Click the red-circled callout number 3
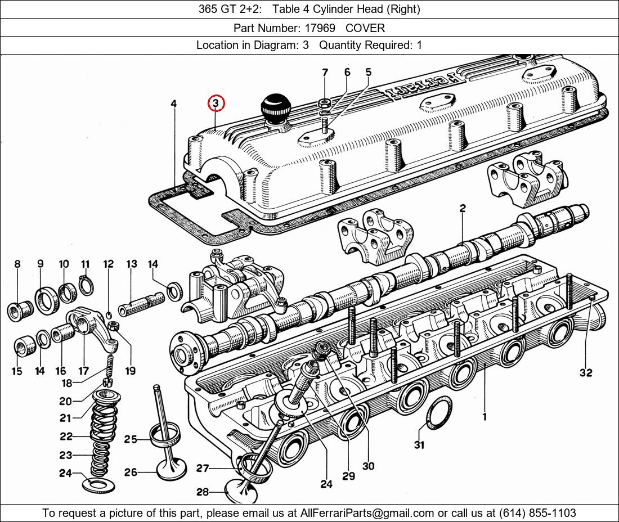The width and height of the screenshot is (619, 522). click(x=216, y=103)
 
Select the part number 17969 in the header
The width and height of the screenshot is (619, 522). click(x=320, y=28)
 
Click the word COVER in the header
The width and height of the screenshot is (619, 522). click(x=365, y=28)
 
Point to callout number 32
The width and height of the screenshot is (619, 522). click(x=586, y=372)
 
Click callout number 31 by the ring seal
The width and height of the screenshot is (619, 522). click(x=419, y=445)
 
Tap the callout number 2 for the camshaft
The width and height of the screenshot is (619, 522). click(x=463, y=208)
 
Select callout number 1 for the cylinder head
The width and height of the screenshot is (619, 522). click(x=485, y=416)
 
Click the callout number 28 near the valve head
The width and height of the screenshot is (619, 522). click(x=203, y=492)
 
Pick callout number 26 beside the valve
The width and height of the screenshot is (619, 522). click(x=131, y=472)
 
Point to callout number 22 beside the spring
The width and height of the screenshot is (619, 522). click(x=66, y=436)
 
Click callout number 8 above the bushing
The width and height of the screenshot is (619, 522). click(x=17, y=264)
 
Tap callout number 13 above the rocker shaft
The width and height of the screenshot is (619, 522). click(x=132, y=264)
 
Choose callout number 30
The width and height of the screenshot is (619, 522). click(x=369, y=466)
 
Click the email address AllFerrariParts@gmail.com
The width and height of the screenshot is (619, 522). click(x=367, y=513)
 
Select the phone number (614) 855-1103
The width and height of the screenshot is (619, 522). click(x=537, y=513)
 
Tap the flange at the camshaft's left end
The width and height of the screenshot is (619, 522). click(x=184, y=354)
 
